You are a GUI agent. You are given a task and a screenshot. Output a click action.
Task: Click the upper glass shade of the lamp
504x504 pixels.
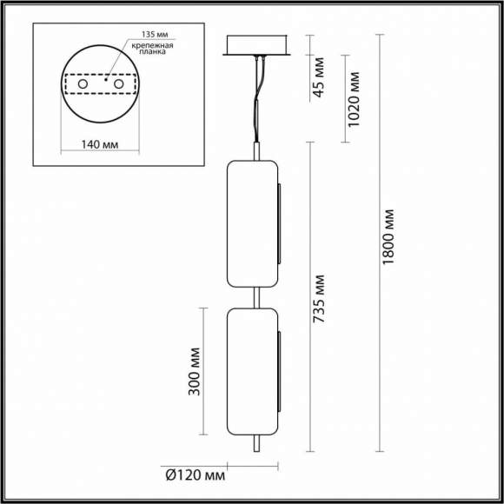252,223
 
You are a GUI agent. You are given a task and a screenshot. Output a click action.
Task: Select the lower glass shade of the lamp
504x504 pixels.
252,371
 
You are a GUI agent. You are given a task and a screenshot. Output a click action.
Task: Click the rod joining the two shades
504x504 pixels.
255,297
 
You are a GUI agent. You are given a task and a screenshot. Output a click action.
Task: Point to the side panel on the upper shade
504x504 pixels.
279,223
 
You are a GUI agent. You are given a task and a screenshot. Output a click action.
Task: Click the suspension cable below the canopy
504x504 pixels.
257,96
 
